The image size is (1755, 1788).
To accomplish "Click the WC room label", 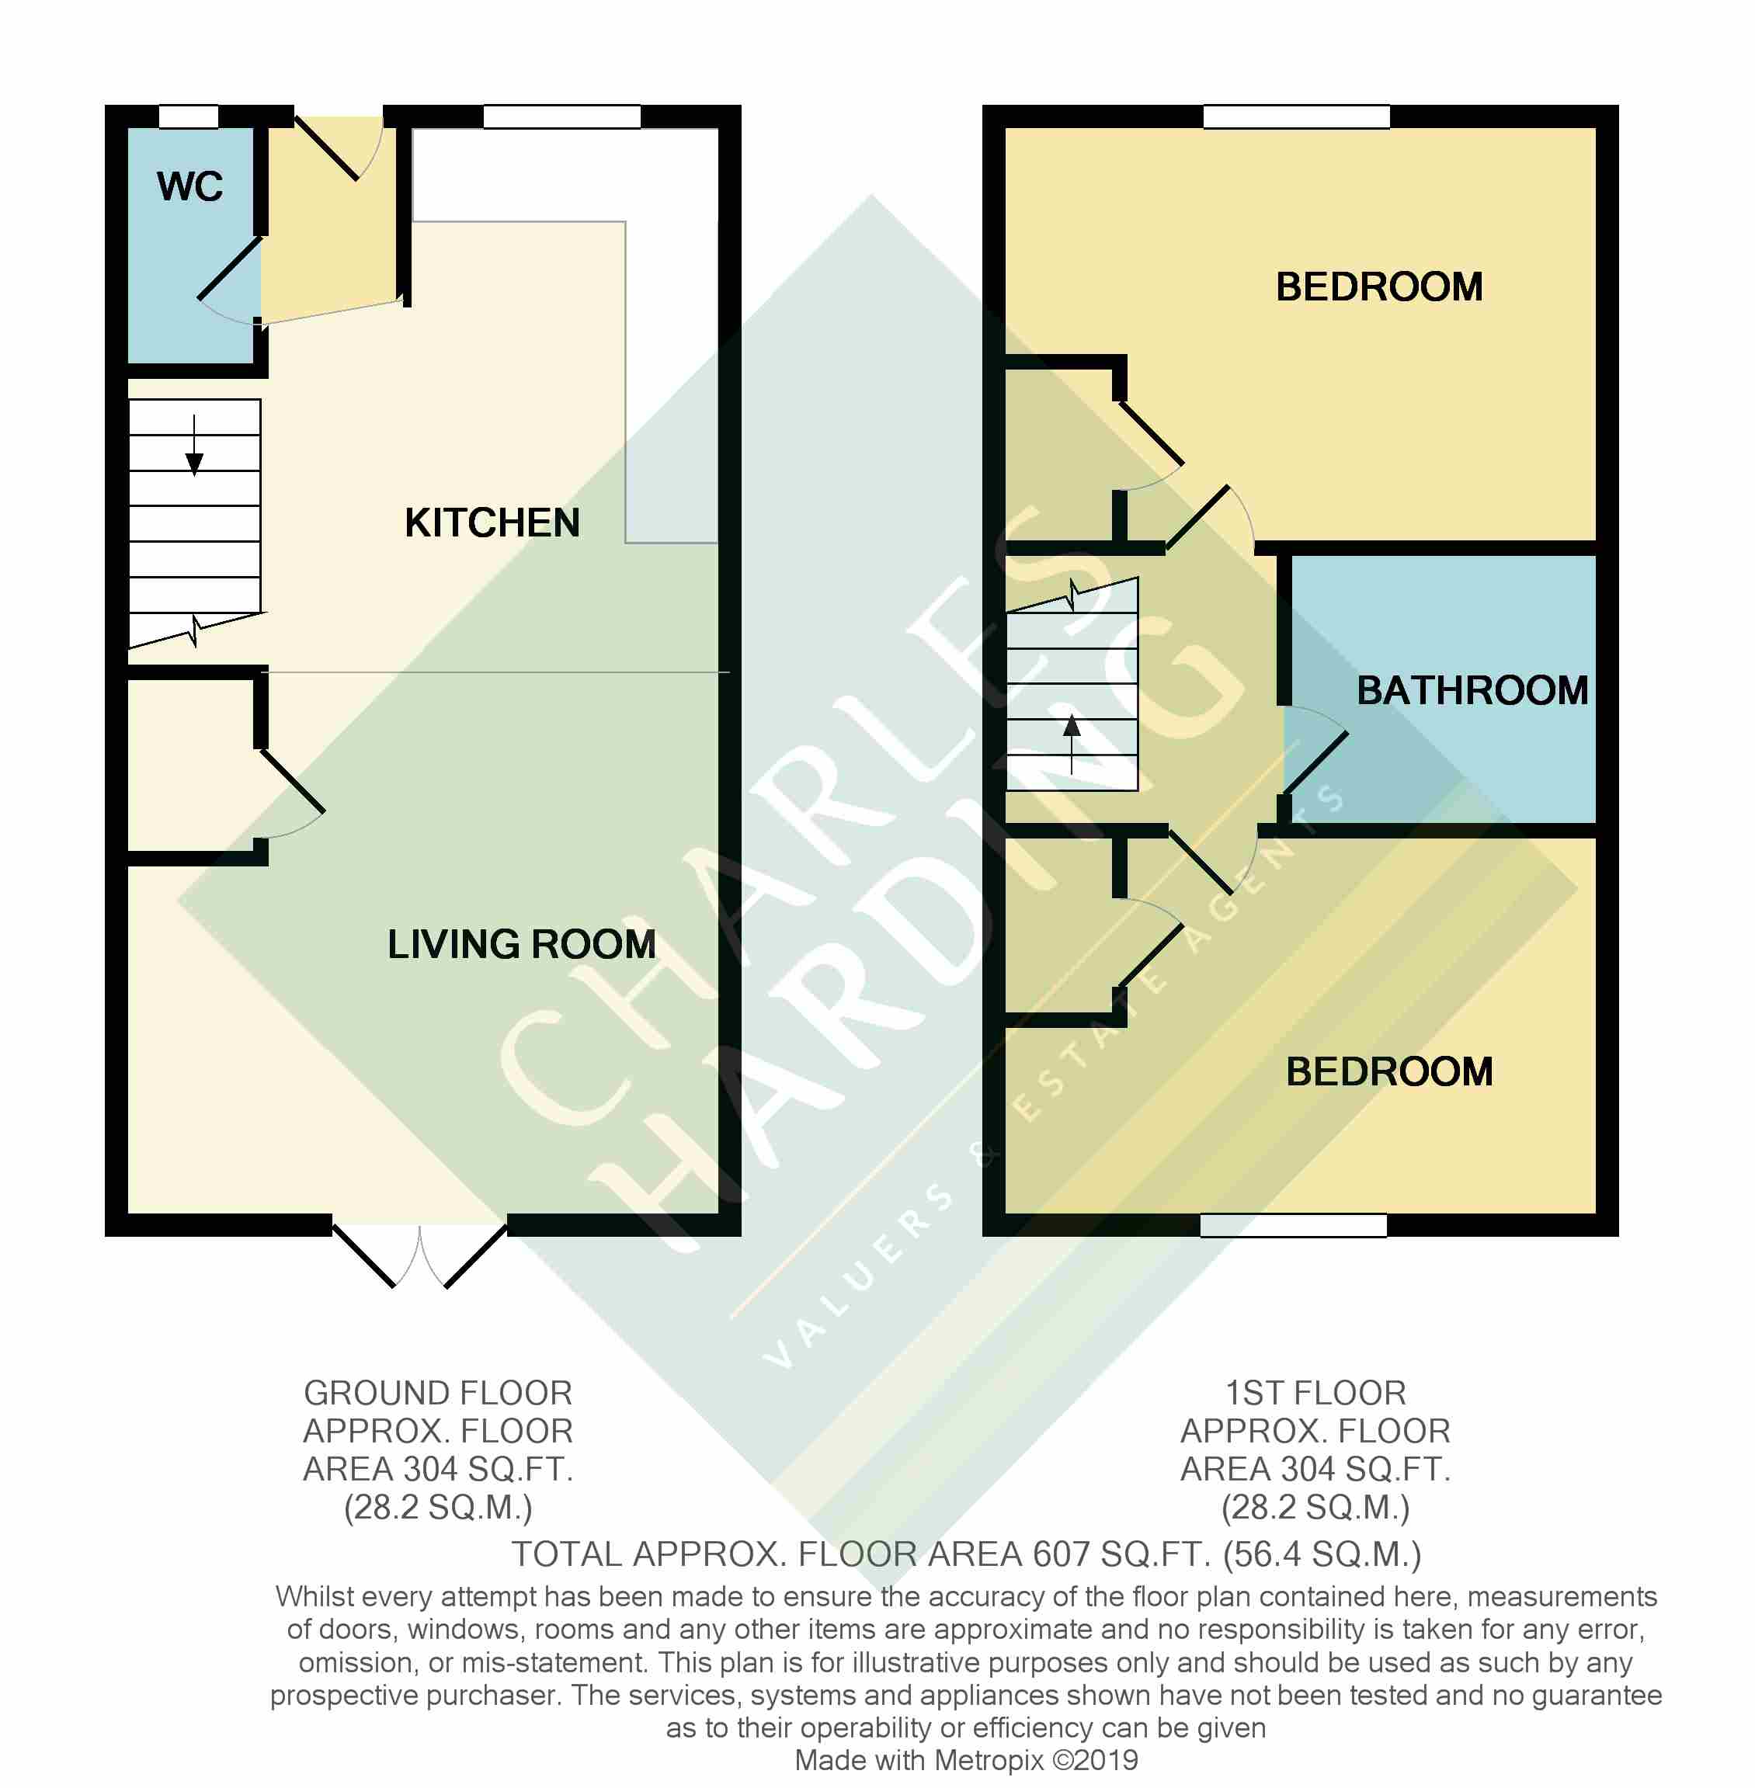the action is [x=190, y=186].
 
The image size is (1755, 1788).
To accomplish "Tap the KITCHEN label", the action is [x=492, y=523].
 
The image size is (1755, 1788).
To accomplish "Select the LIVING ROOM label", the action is [x=522, y=944].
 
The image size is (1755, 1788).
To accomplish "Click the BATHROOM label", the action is [x=1472, y=690].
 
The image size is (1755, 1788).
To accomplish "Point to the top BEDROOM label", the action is [x=1379, y=286].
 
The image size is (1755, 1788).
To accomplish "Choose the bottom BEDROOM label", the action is [x=1389, y=1072].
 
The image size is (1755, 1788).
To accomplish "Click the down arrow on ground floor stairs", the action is [x=194, y=446].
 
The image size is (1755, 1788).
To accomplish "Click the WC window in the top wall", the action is [x=189, y=117].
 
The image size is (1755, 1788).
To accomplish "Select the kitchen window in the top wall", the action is [x=561, y=117].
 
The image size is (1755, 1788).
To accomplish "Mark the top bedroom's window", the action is [x=1296, y=117].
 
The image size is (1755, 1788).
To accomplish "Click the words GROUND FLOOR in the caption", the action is [x=438, y=1393].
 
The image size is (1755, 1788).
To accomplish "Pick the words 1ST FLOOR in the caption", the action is [x=1315, y=1393].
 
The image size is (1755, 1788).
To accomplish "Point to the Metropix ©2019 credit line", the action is [x=966, y=1760].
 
